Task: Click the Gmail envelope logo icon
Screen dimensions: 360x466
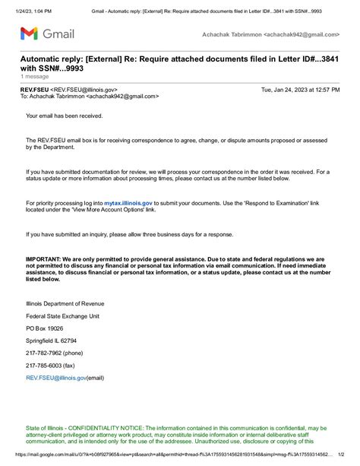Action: click(28, 33)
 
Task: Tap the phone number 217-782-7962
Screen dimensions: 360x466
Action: click(43, 353)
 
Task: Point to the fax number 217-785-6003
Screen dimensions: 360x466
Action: click(43, 366)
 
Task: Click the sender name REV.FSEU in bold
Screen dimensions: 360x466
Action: click(35, 89)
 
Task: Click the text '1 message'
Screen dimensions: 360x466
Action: click(34, 77)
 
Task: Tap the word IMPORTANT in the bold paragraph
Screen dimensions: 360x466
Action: click(44, 259)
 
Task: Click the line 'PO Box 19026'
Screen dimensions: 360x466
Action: click(44, 329)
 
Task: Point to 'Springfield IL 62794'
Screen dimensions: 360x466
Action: click(52, 341)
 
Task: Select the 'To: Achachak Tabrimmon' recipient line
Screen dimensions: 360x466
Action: click(89, 97)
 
